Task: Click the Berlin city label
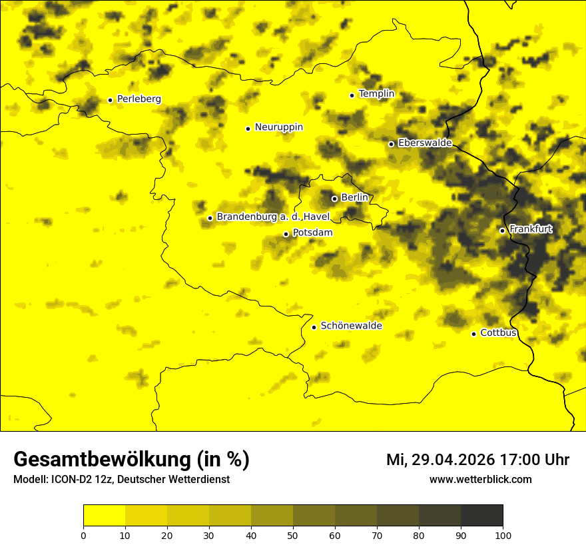coord(354,198)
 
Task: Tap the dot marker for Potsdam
coord(286,234)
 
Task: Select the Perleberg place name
coord(139,99)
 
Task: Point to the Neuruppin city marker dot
coord(248,129)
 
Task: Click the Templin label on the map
coord(376,94)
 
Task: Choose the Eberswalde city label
coord(425,143)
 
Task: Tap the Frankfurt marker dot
coord(502,231)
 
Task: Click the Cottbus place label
coord(498,333)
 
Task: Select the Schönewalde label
coord(351,326)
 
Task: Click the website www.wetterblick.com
coord(480,480)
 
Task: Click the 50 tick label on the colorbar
coord(293,535)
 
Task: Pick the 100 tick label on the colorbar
coord(503,535)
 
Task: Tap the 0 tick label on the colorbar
coord(83,535)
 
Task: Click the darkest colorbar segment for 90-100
coord(481,515)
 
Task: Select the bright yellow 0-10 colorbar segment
coord(104,515)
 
